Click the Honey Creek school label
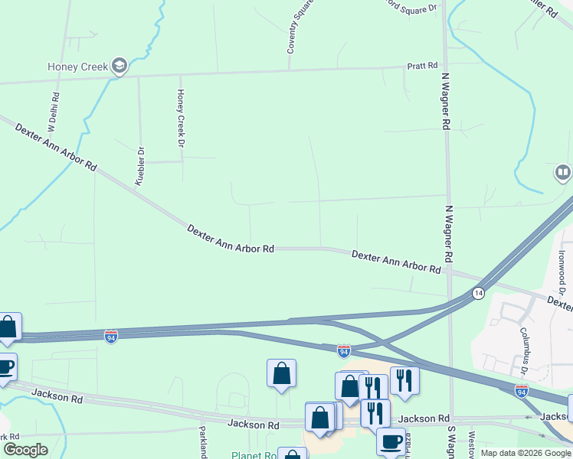point(77,67)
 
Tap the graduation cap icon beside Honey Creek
point(119,67)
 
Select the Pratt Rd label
point(422,66)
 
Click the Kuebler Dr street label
point(139,165)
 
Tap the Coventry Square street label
point(300,28)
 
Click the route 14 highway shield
point(478,293)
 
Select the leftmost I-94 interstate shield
point(111,337)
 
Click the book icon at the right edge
point(563,174)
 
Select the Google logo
point(25,450)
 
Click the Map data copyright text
point(526,453)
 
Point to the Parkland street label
point(203,442)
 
